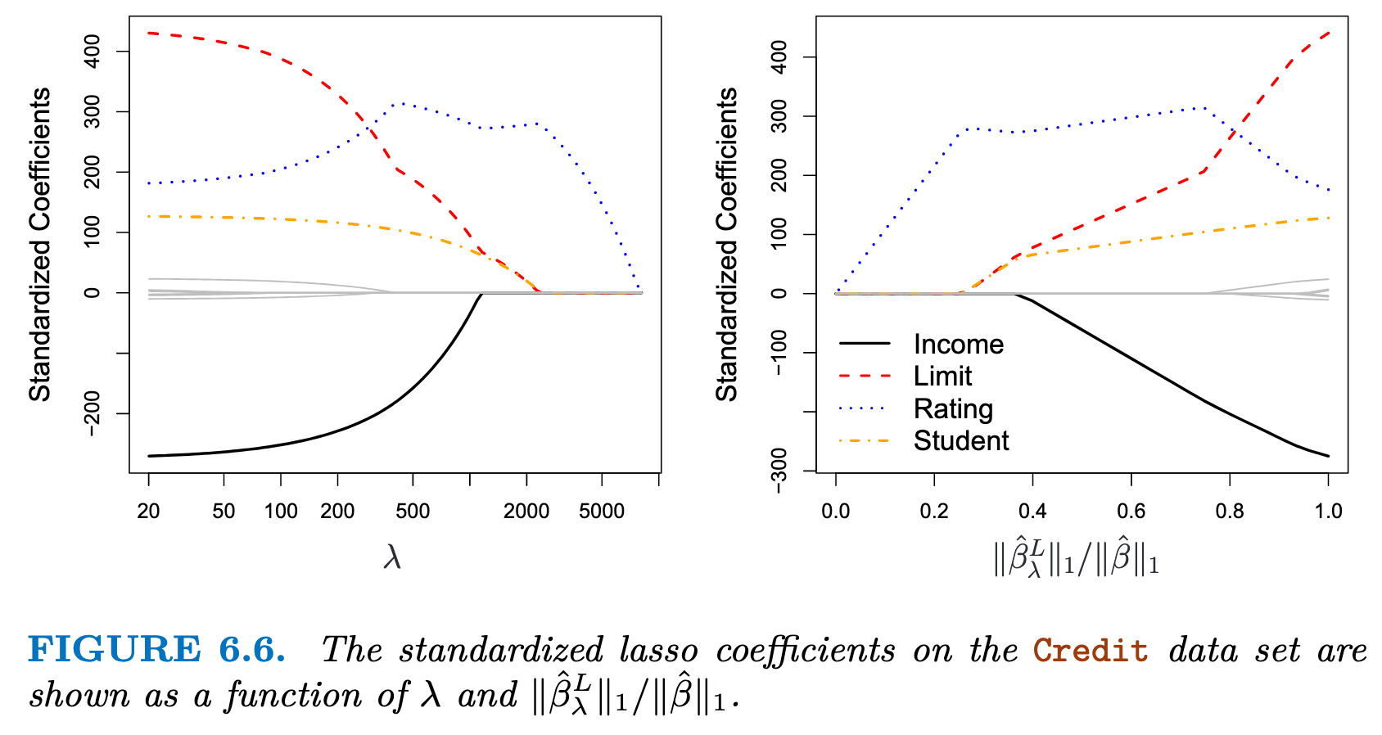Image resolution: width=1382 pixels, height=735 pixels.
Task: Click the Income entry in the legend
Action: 958,345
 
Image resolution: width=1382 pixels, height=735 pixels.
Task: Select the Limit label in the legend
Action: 942,377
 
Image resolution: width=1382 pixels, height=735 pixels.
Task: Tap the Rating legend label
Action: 953,408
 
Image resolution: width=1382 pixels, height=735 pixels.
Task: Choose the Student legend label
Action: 961,440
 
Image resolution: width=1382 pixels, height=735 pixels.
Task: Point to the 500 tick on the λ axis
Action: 413,512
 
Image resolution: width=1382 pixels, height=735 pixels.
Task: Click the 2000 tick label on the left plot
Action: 526,512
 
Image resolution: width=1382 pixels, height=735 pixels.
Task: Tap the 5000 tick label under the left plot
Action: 602,512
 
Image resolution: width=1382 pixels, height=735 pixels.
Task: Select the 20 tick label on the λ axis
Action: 148,512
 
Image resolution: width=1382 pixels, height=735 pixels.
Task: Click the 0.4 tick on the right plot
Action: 1032,512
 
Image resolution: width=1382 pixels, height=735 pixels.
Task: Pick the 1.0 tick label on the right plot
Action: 1328,512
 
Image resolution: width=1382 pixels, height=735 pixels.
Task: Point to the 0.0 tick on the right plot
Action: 835,512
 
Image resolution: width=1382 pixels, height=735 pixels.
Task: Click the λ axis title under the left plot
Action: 393,558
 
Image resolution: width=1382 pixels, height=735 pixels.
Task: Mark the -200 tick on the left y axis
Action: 93,414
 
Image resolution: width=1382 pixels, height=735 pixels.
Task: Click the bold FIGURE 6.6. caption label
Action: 156,650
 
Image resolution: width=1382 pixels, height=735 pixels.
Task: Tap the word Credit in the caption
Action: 1090,651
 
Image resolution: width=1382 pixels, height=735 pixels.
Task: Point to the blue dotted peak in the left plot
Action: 403,104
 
